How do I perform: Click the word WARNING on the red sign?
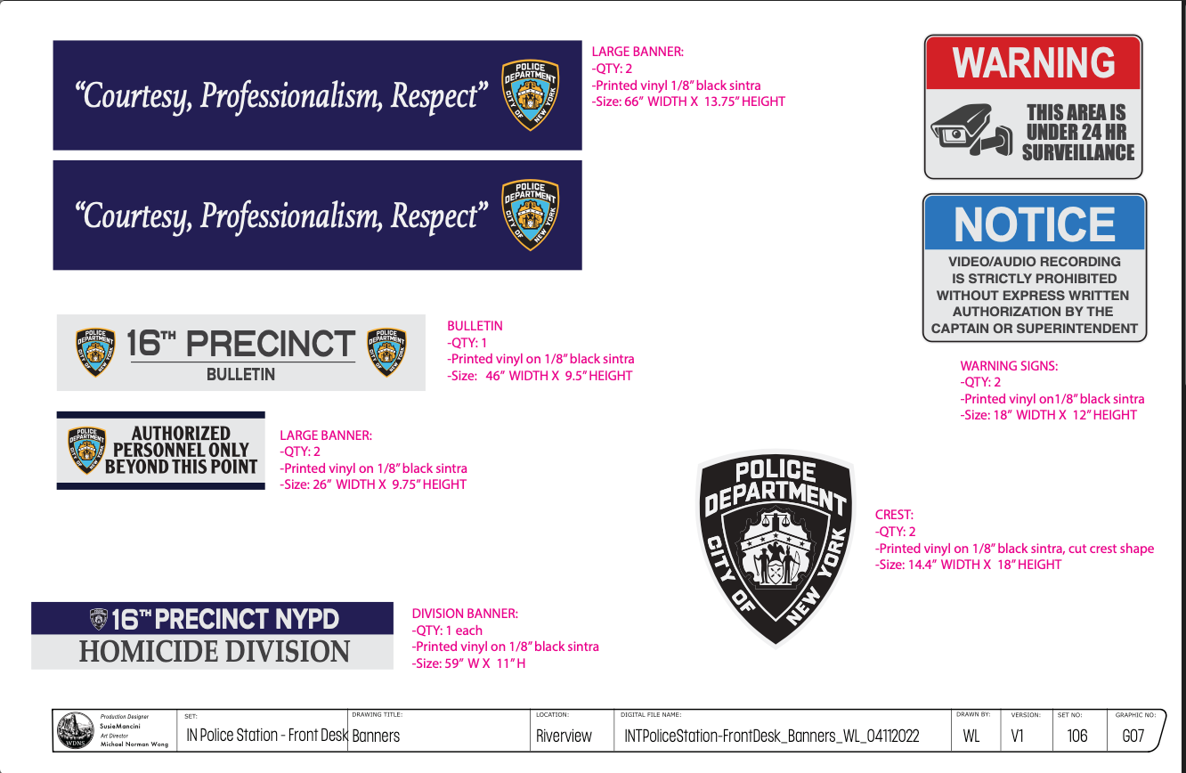(1033, 63)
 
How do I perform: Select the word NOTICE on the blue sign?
(1035, 224)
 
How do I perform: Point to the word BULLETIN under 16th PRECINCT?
(240, 375)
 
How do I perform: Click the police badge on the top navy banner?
(530, 94)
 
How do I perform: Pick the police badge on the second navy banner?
(530, 214)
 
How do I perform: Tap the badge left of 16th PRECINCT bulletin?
(95, 352)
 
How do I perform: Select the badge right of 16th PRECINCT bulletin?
(386, 352)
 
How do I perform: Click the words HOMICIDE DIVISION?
(215, 652)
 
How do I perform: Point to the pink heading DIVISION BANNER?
(465, 614)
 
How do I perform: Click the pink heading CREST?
(894, 515)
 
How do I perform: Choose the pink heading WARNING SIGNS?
(1009, 366)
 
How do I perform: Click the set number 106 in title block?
(1076, 736)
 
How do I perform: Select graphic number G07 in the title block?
(1133, 736)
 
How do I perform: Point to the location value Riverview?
(564, 736)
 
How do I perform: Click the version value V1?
(1017, 736)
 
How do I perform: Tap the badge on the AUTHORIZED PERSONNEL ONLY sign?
(87, 450)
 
